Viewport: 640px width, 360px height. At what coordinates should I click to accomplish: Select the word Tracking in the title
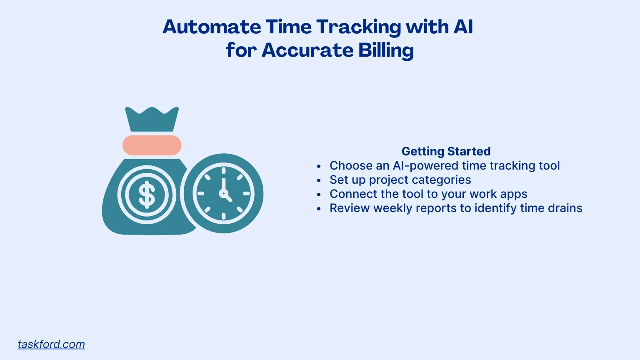point(359,27)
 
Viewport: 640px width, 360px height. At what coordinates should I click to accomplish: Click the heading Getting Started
point(446,151)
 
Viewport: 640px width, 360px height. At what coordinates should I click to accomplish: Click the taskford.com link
point(51,344)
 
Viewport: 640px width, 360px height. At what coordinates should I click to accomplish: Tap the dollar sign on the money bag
point(147,195)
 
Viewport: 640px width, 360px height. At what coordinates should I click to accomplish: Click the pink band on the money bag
point(152,145)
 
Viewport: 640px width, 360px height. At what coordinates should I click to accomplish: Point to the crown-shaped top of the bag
point(152,119)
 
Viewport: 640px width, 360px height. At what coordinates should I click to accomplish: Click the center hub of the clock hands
point(223,193)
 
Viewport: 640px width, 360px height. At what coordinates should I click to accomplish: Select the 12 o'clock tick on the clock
point(223,171)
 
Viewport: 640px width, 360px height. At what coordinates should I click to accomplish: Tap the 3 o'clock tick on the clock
point(246,193)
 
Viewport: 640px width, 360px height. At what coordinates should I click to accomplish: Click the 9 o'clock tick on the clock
point(200,193)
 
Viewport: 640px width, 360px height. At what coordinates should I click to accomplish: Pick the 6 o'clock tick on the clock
point(223,216)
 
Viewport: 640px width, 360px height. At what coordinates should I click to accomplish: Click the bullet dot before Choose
point(319,166)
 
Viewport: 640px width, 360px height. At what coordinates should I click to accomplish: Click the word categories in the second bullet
point(445,180)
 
